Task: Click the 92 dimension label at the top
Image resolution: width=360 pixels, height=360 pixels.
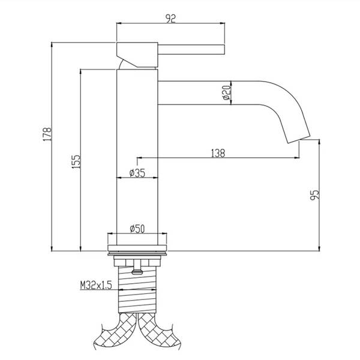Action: pos(171,19)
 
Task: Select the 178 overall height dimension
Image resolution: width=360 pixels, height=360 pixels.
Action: pos(48,134)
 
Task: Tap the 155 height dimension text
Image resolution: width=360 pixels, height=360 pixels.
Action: pos(77,161)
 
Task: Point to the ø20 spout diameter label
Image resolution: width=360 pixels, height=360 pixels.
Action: pos(227,92)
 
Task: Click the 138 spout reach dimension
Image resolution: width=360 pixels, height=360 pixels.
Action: pos(218,153)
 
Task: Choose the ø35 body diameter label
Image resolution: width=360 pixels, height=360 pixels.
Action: pos(137,173)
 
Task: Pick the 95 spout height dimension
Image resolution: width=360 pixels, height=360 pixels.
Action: pos(314,194)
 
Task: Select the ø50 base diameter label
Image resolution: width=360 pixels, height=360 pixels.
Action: pos(137,229)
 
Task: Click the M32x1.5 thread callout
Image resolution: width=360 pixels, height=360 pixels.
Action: pos(96,286)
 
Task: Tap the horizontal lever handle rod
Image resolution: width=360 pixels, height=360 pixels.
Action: pos(191,50)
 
